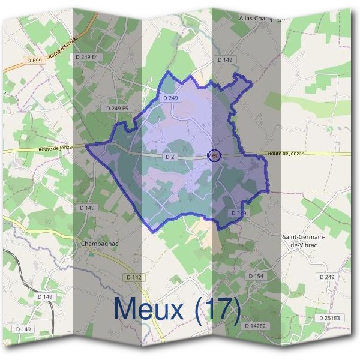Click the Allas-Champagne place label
pyautogui.click(x=264, y=18)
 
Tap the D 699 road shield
pyautogui.click(x=35, y=60)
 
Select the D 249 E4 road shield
pyautogui.click(x=87, y=57)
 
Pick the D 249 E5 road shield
pyautogui.click(x=117, y=108)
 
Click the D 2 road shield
pyautogui.click(x=169, y=157)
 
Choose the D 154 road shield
pyautogui.click(x=256, y=275)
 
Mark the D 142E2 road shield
pyautogui.click(x=255, y=325)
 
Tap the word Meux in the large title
pyautogui.click(x=148, y=309)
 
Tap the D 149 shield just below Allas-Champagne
pyautogui.click(x=224, y=60)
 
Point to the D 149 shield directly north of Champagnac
pyautogui.click(x=87, y=208)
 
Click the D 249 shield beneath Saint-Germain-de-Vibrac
pyautogui.click(x=327, y=277)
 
